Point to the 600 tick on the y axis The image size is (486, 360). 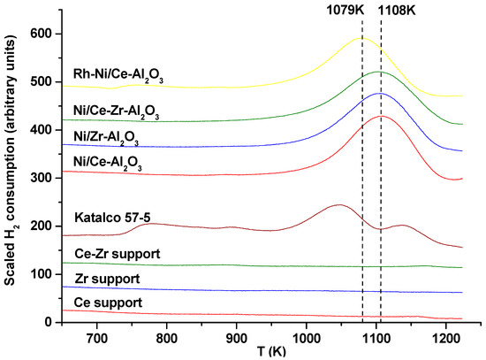pyautogui.click(x=40, y=34)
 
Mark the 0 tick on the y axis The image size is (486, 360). pyautogui.click(x=47, y=322)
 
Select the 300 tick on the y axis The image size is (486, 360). pyautogui.click(x=40, y=178)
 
